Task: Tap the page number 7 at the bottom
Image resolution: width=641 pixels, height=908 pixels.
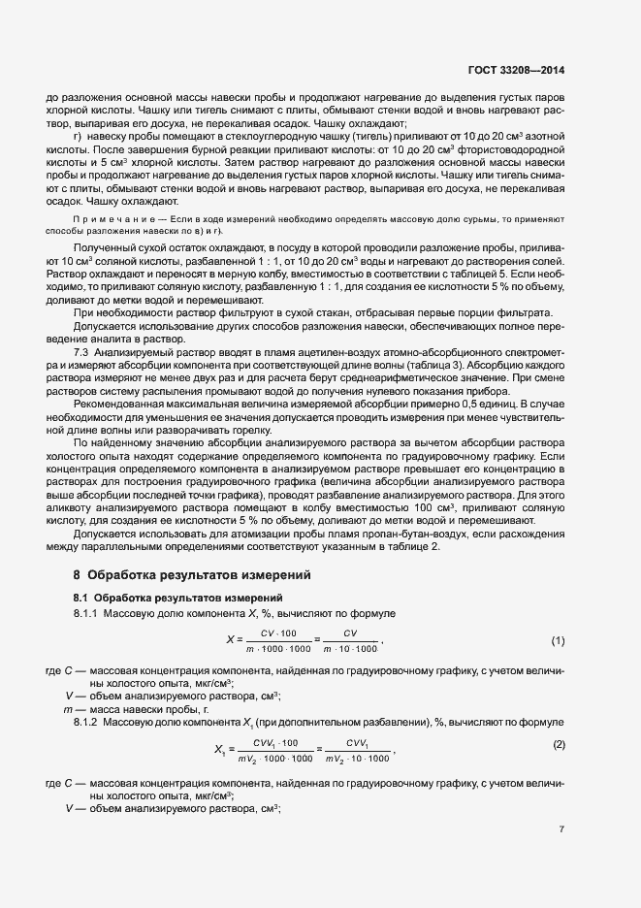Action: click(x=562, y=829)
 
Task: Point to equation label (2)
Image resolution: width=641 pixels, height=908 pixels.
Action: click(x=559, y=743)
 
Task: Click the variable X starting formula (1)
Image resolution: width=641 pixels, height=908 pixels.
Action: click(x=230, y=641)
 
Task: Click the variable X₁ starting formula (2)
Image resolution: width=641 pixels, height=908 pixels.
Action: click(x=218, y=749)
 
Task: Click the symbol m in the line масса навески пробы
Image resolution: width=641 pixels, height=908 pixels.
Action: click(x=66, y=709)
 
